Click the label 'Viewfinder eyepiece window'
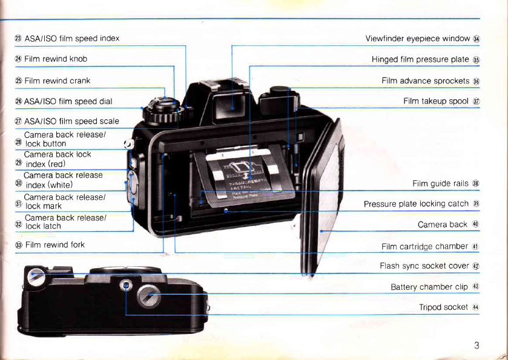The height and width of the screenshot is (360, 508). click(x=418, y=39)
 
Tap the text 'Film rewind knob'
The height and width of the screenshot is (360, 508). click(x=56, y=59)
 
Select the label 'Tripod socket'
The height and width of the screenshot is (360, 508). click(x=443, y=307)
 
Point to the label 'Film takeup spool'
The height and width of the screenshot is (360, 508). click(x=436, y=101)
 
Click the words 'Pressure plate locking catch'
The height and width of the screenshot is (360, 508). click(x=416, y=204)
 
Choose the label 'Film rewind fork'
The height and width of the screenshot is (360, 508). click(x=54, y=245)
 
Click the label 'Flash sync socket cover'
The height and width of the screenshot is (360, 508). click(x=424, y=266)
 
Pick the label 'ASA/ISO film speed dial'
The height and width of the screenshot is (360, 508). click(x=68, y=101)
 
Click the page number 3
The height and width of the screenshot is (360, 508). click(x=477, y=345)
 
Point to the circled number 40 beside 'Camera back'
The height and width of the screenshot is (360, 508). click(x=476, y=224)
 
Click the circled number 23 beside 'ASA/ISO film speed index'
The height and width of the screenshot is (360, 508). click(x=18, y=38)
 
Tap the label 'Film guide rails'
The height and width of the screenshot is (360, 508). click(x=440, y=183)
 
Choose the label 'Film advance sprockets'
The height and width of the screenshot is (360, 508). click(x=426, y=80)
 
